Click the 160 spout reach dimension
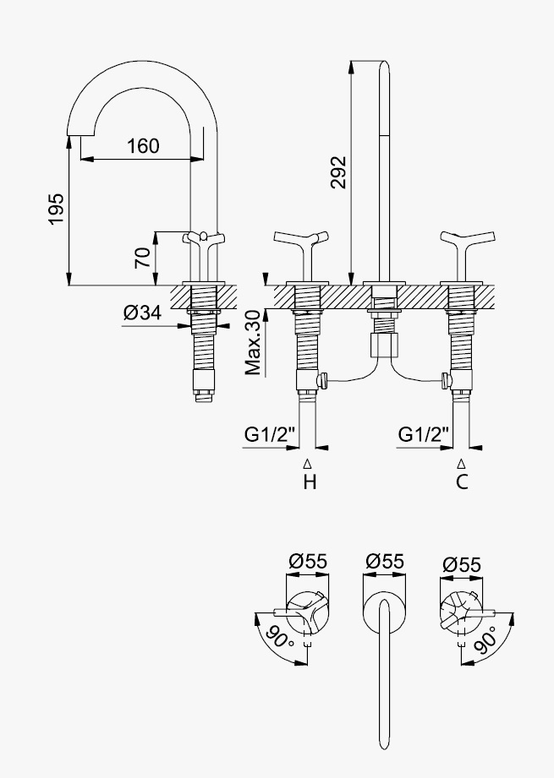click(143, 146)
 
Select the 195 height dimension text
click(56, 209)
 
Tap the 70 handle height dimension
click(143, 258)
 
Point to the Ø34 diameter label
click(142, 313)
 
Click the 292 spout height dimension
click(339, 172)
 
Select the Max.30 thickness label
click(253, 342)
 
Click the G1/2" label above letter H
click(270, 435)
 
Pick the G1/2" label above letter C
click(424, 435)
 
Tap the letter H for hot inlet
click(310, 481)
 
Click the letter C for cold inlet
click(462, 481)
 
